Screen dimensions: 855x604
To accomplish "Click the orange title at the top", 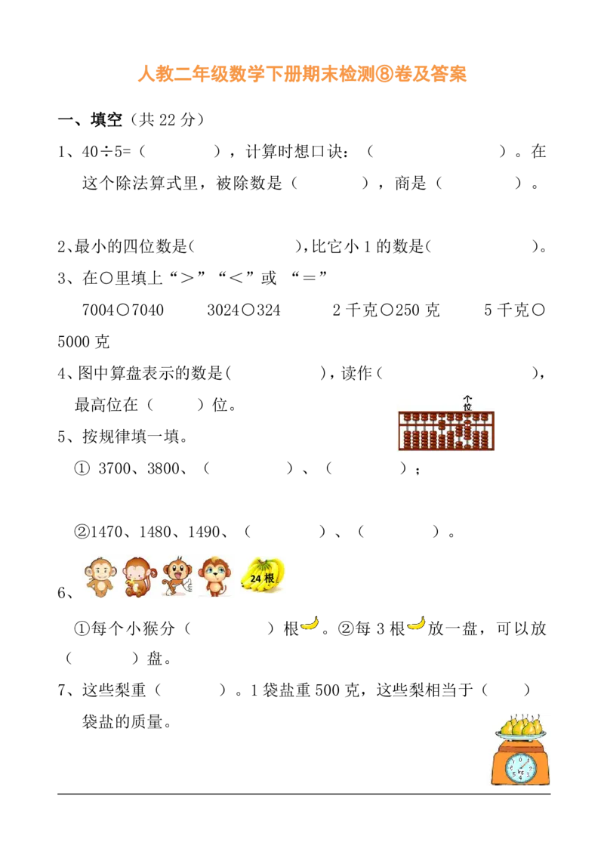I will click(x=302, y=73).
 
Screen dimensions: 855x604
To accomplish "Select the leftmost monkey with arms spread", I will click(x=99, y=577).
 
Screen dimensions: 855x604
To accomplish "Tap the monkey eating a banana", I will click(x=137, y=577).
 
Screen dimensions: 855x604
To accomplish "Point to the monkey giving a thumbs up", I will click(x=177, y=576).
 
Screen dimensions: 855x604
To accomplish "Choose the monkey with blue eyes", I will click(x=214, y=576).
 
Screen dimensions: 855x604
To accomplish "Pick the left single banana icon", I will click(x=310, y=623).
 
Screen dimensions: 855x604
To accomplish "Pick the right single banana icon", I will click(x=417, y=623).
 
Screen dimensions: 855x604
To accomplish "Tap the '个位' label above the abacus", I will click(x=467, y=403).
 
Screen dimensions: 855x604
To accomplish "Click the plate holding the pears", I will click(x=519, y=736).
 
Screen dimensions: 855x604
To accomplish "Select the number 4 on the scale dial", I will click(x=519, y=779).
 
